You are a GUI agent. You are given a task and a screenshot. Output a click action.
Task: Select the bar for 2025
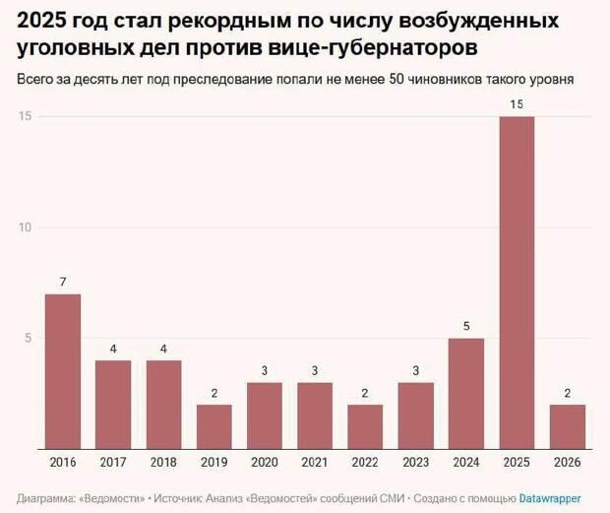pos(517,283)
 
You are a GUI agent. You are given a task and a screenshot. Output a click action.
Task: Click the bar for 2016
pos(63,371)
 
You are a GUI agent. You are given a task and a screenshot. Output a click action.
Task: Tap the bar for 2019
pos(214,426)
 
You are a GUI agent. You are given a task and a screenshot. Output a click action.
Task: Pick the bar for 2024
pos(466,394)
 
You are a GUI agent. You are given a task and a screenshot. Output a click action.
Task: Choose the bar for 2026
pos(568,426)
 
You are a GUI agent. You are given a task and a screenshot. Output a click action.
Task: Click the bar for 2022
pos(366,426)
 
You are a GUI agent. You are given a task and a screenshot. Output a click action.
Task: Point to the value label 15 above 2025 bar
pos(517,104)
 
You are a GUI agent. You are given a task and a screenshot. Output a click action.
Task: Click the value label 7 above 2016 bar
pos(63,283)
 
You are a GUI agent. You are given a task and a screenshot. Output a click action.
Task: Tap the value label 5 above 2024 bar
pos(466,327)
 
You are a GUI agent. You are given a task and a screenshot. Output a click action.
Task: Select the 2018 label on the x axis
pos(164,462)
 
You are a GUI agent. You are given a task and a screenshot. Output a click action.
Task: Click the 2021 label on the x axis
pos(315,462)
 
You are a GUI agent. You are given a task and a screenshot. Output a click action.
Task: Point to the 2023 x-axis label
pos(416,462)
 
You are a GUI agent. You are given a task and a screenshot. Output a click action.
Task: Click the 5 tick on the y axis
pos(29,339)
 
